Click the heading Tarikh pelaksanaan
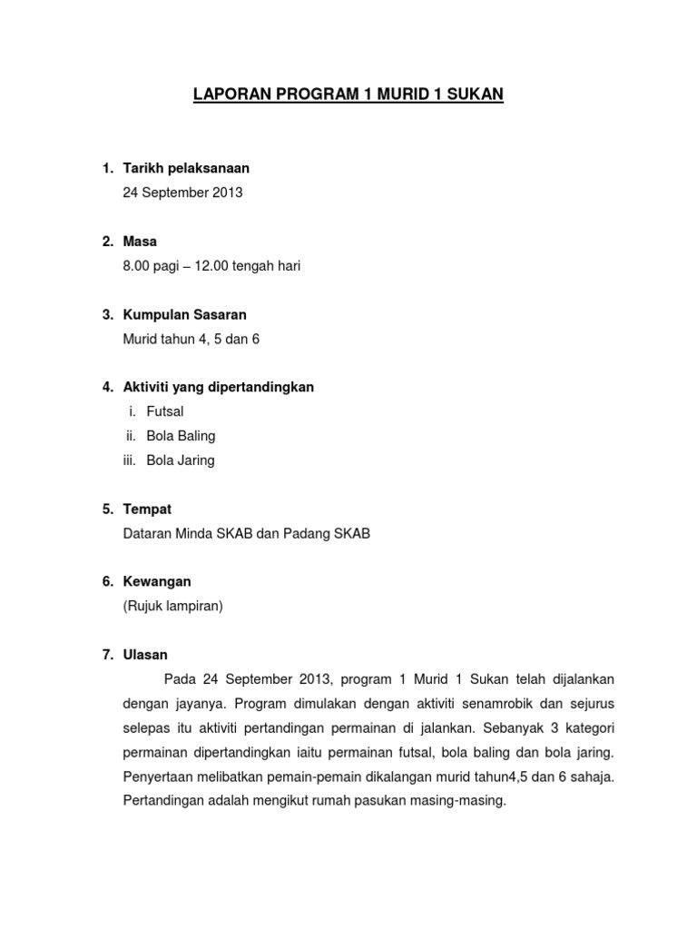[x=186, y=168]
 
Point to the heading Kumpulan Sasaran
[x=184, y=314]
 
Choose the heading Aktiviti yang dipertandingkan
[x=218, y=387]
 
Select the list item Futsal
[x=165, y=411]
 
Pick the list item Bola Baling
[x=181, y=436]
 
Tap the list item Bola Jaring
[x=181, y=460]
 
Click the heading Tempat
[x=146, y=510]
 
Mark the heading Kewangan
[x=157, y=582]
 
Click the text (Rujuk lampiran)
[x=172, y=607]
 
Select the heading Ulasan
[x=145, y=655]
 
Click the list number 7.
[x=106, y=655]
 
